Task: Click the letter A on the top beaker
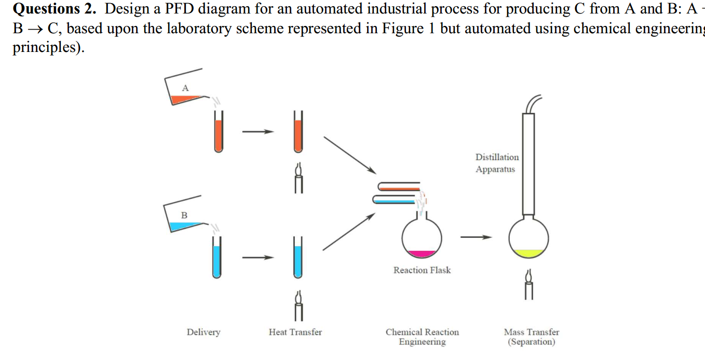185,88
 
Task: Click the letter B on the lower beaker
184,215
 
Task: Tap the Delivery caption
204,332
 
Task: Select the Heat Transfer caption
295,332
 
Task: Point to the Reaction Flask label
422,270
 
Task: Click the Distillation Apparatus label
497,163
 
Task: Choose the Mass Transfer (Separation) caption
531,337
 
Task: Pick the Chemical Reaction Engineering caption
422,337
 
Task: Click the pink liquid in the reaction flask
422,254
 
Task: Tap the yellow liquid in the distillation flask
528,253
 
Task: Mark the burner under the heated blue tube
298,304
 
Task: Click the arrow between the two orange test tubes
257,131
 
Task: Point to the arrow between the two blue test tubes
257,257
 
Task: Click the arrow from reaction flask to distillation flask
476,237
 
